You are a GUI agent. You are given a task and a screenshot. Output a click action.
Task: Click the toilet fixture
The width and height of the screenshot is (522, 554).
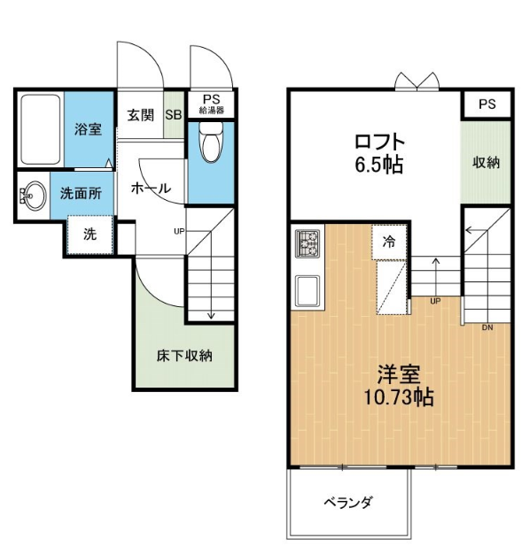(211, 142)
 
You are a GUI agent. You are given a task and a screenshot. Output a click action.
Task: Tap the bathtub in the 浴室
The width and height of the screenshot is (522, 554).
(41, 129)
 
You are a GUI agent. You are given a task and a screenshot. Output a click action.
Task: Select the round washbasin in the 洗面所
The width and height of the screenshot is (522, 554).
(34, 196)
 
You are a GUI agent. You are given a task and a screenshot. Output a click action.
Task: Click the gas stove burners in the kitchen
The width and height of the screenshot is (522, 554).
(308, 242)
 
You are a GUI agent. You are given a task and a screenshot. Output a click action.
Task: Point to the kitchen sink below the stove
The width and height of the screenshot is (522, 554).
(308, 291)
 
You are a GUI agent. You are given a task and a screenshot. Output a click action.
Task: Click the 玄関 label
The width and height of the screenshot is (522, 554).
(141, 115)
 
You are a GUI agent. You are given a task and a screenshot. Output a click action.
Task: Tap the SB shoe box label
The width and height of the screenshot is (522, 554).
(174, 115)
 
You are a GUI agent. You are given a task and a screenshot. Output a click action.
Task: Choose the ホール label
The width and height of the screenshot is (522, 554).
(152, 188)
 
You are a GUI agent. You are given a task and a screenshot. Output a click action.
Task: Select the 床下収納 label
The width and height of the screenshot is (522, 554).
(184, 356)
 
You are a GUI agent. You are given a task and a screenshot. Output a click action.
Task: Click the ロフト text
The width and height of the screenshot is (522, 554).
(379, 142)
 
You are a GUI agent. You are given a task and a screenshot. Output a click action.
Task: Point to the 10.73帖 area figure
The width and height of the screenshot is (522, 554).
(399, 398)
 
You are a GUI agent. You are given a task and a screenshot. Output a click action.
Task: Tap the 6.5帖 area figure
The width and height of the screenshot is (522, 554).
(379, 165)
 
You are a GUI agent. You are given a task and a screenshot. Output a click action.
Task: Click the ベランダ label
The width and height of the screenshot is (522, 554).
(348, 502)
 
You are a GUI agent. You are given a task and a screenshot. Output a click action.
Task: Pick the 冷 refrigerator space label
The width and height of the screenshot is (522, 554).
(389, 242)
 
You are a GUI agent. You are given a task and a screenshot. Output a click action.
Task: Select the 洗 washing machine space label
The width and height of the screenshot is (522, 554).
(90, 234)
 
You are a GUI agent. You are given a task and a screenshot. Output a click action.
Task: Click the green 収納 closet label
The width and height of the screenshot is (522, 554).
(487, 162)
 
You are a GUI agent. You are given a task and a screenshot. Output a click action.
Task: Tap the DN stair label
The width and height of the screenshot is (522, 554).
(487, 327)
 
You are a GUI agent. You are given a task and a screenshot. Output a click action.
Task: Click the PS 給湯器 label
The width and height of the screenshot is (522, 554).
(211, 104)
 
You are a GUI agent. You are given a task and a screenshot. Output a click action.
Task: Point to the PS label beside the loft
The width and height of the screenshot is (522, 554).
(487, 104)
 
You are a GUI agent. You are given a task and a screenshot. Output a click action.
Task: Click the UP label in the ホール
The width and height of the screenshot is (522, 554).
(179, 231)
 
